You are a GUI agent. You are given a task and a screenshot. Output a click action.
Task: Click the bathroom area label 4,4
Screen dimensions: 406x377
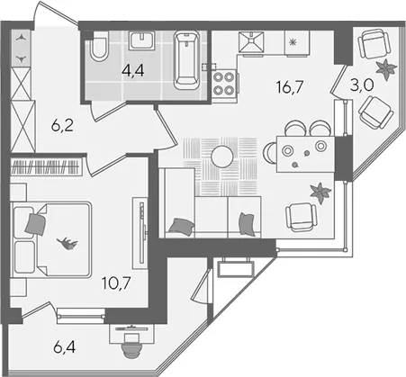coord(133,71)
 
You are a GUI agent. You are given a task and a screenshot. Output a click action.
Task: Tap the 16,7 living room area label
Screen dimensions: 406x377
coord(290,87)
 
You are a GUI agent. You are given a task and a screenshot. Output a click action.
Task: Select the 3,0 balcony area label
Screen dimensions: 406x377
coord(362,85)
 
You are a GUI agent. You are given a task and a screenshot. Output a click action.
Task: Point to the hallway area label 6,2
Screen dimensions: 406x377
coord(62,126)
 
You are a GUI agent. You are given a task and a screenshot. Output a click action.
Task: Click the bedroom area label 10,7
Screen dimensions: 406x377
coord(116,283)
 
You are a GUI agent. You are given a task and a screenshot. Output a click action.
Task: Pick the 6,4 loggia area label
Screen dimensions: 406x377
coord(65,347)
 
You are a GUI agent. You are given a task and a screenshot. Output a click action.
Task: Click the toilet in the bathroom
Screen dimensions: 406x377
coord(99,47)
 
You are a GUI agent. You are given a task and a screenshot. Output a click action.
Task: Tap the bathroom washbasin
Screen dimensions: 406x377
coord(142,40)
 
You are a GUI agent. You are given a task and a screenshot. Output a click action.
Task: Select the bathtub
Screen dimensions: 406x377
coord(186,60)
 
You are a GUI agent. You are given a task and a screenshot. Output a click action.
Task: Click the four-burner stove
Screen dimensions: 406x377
coord(223,84)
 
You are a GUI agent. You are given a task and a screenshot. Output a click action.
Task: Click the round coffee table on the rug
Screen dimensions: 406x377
coord(222,157)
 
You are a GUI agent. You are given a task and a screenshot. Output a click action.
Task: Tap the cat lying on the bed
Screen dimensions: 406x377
coord(68,243)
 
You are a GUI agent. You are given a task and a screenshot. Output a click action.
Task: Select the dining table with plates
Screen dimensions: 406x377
coord(305,154)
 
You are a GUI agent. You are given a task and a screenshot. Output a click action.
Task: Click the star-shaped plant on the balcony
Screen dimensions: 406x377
coord(386,69)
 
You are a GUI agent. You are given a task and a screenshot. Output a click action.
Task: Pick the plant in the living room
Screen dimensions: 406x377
coord(320,193)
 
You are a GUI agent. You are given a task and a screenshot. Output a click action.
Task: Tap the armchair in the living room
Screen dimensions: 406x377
coord(301,217)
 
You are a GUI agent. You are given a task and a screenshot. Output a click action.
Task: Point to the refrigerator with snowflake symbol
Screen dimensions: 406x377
coord(297,43)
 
